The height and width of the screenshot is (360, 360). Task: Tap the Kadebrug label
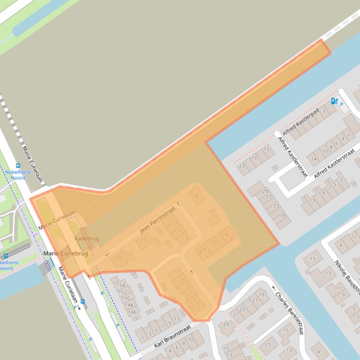click(87, 238)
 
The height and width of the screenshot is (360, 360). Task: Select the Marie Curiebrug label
click(66, 253)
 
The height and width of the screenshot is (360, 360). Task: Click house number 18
click(196, 197)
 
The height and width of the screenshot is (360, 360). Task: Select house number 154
click(121, 285)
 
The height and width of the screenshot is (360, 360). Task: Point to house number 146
click(132, 312)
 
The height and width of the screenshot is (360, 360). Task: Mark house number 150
click(125, 298)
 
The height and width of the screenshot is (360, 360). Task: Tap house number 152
click(123, 292)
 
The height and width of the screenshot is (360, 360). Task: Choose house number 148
click(129, 305)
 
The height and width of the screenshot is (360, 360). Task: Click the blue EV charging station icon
click(334, 101)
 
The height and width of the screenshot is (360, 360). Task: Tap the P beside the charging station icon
click(341, 104)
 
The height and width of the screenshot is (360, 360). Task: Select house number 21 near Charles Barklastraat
click(255, 300)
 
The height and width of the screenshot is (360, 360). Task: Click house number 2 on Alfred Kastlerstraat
click(349, 135)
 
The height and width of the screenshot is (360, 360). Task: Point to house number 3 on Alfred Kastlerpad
click(323, 111)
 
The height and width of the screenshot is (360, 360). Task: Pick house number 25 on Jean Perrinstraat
click(119, 258)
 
